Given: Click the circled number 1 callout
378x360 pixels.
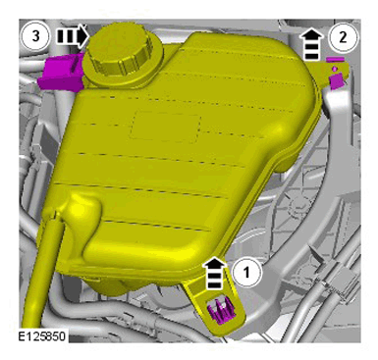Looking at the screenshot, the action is [x=247, y=272].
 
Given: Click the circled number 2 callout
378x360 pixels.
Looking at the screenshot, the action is [x=343, y=37].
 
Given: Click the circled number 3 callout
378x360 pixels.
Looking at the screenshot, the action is [x=35, y=36].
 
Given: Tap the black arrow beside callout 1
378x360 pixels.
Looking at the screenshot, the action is [x=214, y=273].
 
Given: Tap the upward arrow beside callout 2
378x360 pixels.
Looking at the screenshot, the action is [x=312, y=43].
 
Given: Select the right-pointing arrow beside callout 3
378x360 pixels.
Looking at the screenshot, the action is [x=73, y=36].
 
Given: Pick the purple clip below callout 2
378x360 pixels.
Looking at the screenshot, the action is [x=336, y=81].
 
